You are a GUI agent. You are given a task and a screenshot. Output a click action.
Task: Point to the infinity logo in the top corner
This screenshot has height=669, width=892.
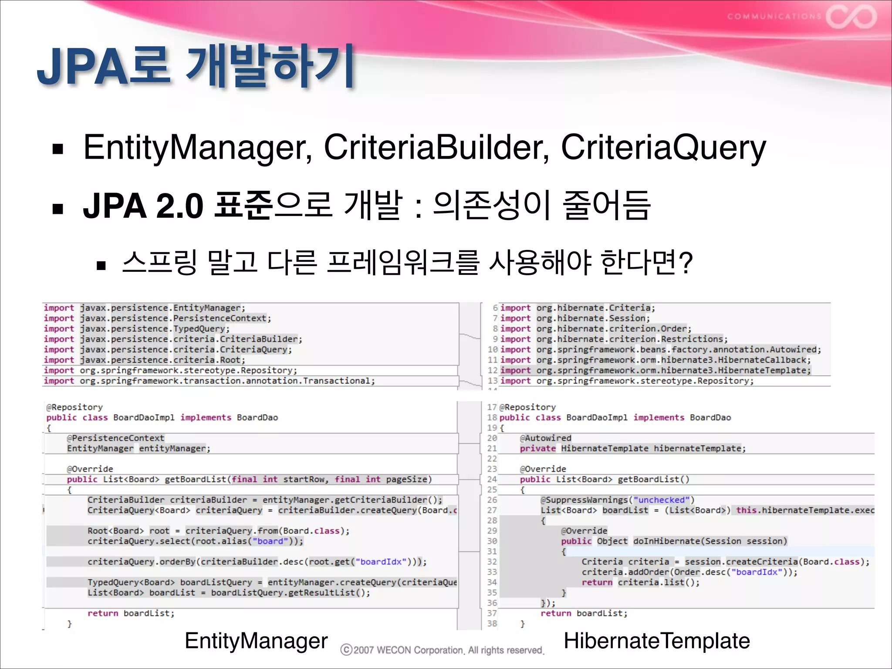point(851,17)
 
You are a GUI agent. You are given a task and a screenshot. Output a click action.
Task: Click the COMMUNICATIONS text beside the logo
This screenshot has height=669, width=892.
point(774,17)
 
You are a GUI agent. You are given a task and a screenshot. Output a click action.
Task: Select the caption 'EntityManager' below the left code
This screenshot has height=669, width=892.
point(256,641)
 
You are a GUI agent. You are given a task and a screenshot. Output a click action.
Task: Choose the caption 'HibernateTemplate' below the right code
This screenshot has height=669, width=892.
point(657,641)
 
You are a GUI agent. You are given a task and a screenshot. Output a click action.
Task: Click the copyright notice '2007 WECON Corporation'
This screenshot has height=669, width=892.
point(443,650)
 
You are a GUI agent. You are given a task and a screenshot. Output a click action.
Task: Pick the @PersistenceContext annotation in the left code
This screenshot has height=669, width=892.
point(115,438)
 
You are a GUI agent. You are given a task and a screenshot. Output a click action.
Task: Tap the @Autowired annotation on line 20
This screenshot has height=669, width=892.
point(545,438)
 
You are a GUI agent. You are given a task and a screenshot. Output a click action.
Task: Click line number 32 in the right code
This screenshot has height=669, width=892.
point(492,562)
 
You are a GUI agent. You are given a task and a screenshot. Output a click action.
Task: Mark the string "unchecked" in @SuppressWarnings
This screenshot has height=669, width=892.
point(662,500)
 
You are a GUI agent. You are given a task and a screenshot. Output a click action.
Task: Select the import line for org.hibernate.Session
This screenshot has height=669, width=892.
point(575,318)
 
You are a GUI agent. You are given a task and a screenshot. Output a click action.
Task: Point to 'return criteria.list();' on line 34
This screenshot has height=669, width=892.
point(640,582)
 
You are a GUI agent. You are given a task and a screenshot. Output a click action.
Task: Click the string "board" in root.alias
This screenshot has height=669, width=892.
point(270,541)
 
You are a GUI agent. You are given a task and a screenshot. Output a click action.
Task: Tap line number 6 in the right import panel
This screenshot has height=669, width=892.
point(495,308)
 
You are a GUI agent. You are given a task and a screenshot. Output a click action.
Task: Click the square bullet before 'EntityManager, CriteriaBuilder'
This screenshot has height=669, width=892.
point(57,150)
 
